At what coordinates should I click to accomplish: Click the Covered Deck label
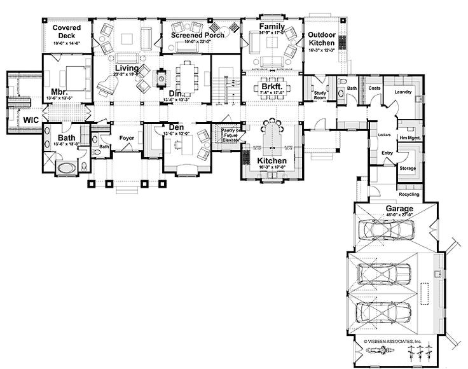pos(65,32)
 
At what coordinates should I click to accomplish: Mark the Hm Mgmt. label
pos(407,139)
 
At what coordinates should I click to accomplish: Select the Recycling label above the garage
pos(411,194)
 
